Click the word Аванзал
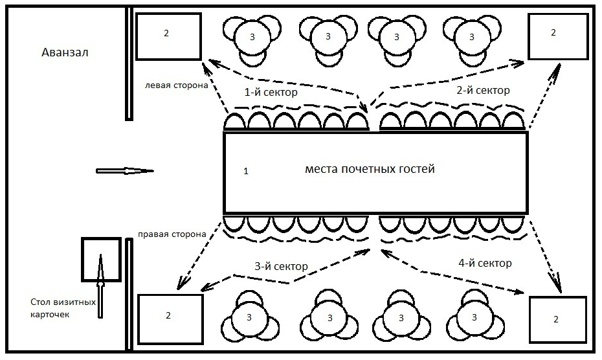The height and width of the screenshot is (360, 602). point(65,52)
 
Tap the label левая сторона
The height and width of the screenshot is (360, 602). point(176,85)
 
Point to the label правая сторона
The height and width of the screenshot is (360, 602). point(172,234)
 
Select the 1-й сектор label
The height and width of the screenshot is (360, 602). point(271,92)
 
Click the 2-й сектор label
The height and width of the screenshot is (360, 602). point(483,90)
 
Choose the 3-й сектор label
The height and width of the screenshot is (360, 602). point(281,266)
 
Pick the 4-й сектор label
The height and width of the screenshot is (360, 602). point(485,263)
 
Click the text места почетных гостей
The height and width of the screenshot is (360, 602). point(370,168)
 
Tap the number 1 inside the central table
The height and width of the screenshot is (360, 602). point(246,171)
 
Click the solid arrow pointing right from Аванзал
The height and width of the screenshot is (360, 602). point(125,171)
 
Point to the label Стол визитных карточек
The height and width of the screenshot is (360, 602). point(63,308)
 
